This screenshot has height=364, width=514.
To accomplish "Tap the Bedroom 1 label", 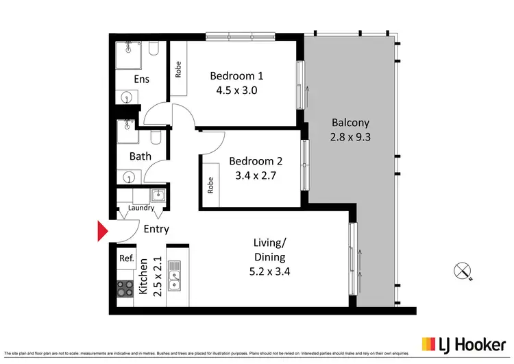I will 236,75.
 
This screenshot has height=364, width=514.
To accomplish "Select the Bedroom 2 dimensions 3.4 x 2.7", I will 255,175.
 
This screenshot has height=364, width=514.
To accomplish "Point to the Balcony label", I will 350,123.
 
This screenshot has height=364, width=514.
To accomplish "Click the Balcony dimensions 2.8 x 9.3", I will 350,137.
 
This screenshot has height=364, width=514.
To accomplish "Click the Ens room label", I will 141,80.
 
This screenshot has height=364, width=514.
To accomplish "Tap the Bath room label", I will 140,156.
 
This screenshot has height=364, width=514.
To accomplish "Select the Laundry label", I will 140,208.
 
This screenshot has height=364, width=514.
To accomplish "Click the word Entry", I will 156,229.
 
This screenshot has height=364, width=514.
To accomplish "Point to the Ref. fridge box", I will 126,258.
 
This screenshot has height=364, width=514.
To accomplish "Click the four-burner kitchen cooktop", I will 125,289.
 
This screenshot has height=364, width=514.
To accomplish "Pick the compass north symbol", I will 463,271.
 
